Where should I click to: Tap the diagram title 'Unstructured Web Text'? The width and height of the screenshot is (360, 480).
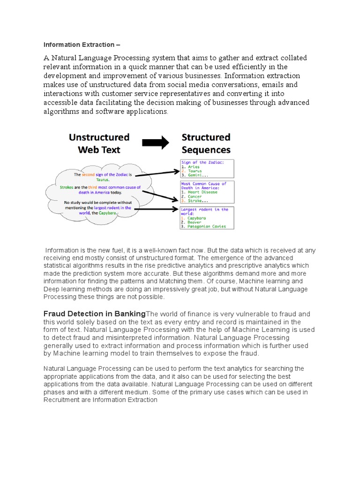coord(99,143)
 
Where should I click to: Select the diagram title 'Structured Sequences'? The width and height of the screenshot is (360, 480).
coord(206,143)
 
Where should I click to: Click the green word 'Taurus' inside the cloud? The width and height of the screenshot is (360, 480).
coord(103,180)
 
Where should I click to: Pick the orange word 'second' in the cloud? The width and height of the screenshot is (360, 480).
coord(89,175)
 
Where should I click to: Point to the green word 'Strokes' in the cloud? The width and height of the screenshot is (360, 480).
coord(70,187)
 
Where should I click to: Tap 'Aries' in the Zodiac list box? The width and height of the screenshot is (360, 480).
coord(193,166)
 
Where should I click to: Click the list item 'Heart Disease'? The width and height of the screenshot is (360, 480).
coord(202,192)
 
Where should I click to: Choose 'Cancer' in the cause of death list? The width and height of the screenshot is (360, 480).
coord(195,196)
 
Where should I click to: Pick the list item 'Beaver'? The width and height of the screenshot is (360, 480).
coord(195,222)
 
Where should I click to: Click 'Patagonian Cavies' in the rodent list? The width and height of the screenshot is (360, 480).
coord(206,226)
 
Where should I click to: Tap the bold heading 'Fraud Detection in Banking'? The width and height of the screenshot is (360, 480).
coord(95,314)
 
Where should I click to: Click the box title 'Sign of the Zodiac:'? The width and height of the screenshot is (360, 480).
coord(202,162)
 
